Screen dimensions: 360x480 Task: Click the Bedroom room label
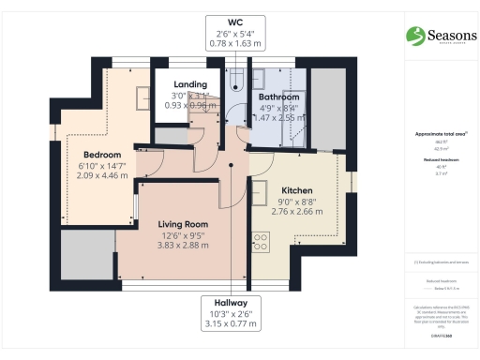[x=101, y=154]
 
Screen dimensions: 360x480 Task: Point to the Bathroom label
[x=279, y=97]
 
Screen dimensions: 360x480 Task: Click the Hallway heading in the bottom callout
[x=229, y=304]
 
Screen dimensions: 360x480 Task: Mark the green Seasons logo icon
[x=415, y=36]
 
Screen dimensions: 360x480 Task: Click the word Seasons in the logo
[x=451, y=34]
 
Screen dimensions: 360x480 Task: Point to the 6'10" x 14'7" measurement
[x=101, y=165]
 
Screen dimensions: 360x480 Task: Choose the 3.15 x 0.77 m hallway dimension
[x=229, y=327]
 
